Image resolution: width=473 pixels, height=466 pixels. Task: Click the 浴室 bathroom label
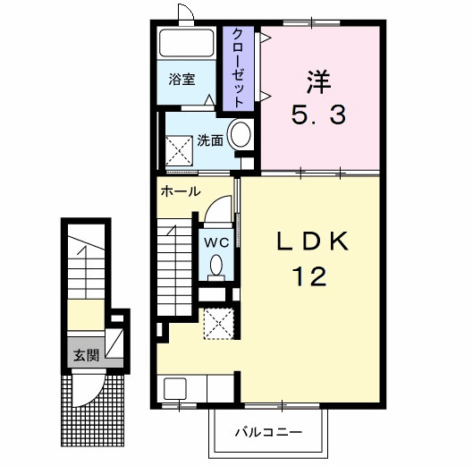click(x=182, y=79)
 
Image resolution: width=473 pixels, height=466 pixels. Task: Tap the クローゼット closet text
click(x=239, y=68)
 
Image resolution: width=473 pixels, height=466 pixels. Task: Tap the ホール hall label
click(x=181, y=191)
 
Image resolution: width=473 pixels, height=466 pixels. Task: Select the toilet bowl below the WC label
click(x=216, y=265)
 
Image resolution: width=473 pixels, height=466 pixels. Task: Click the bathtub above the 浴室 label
click(x=186, y=44)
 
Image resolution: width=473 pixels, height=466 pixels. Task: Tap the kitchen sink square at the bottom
click(x=174, y=389)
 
